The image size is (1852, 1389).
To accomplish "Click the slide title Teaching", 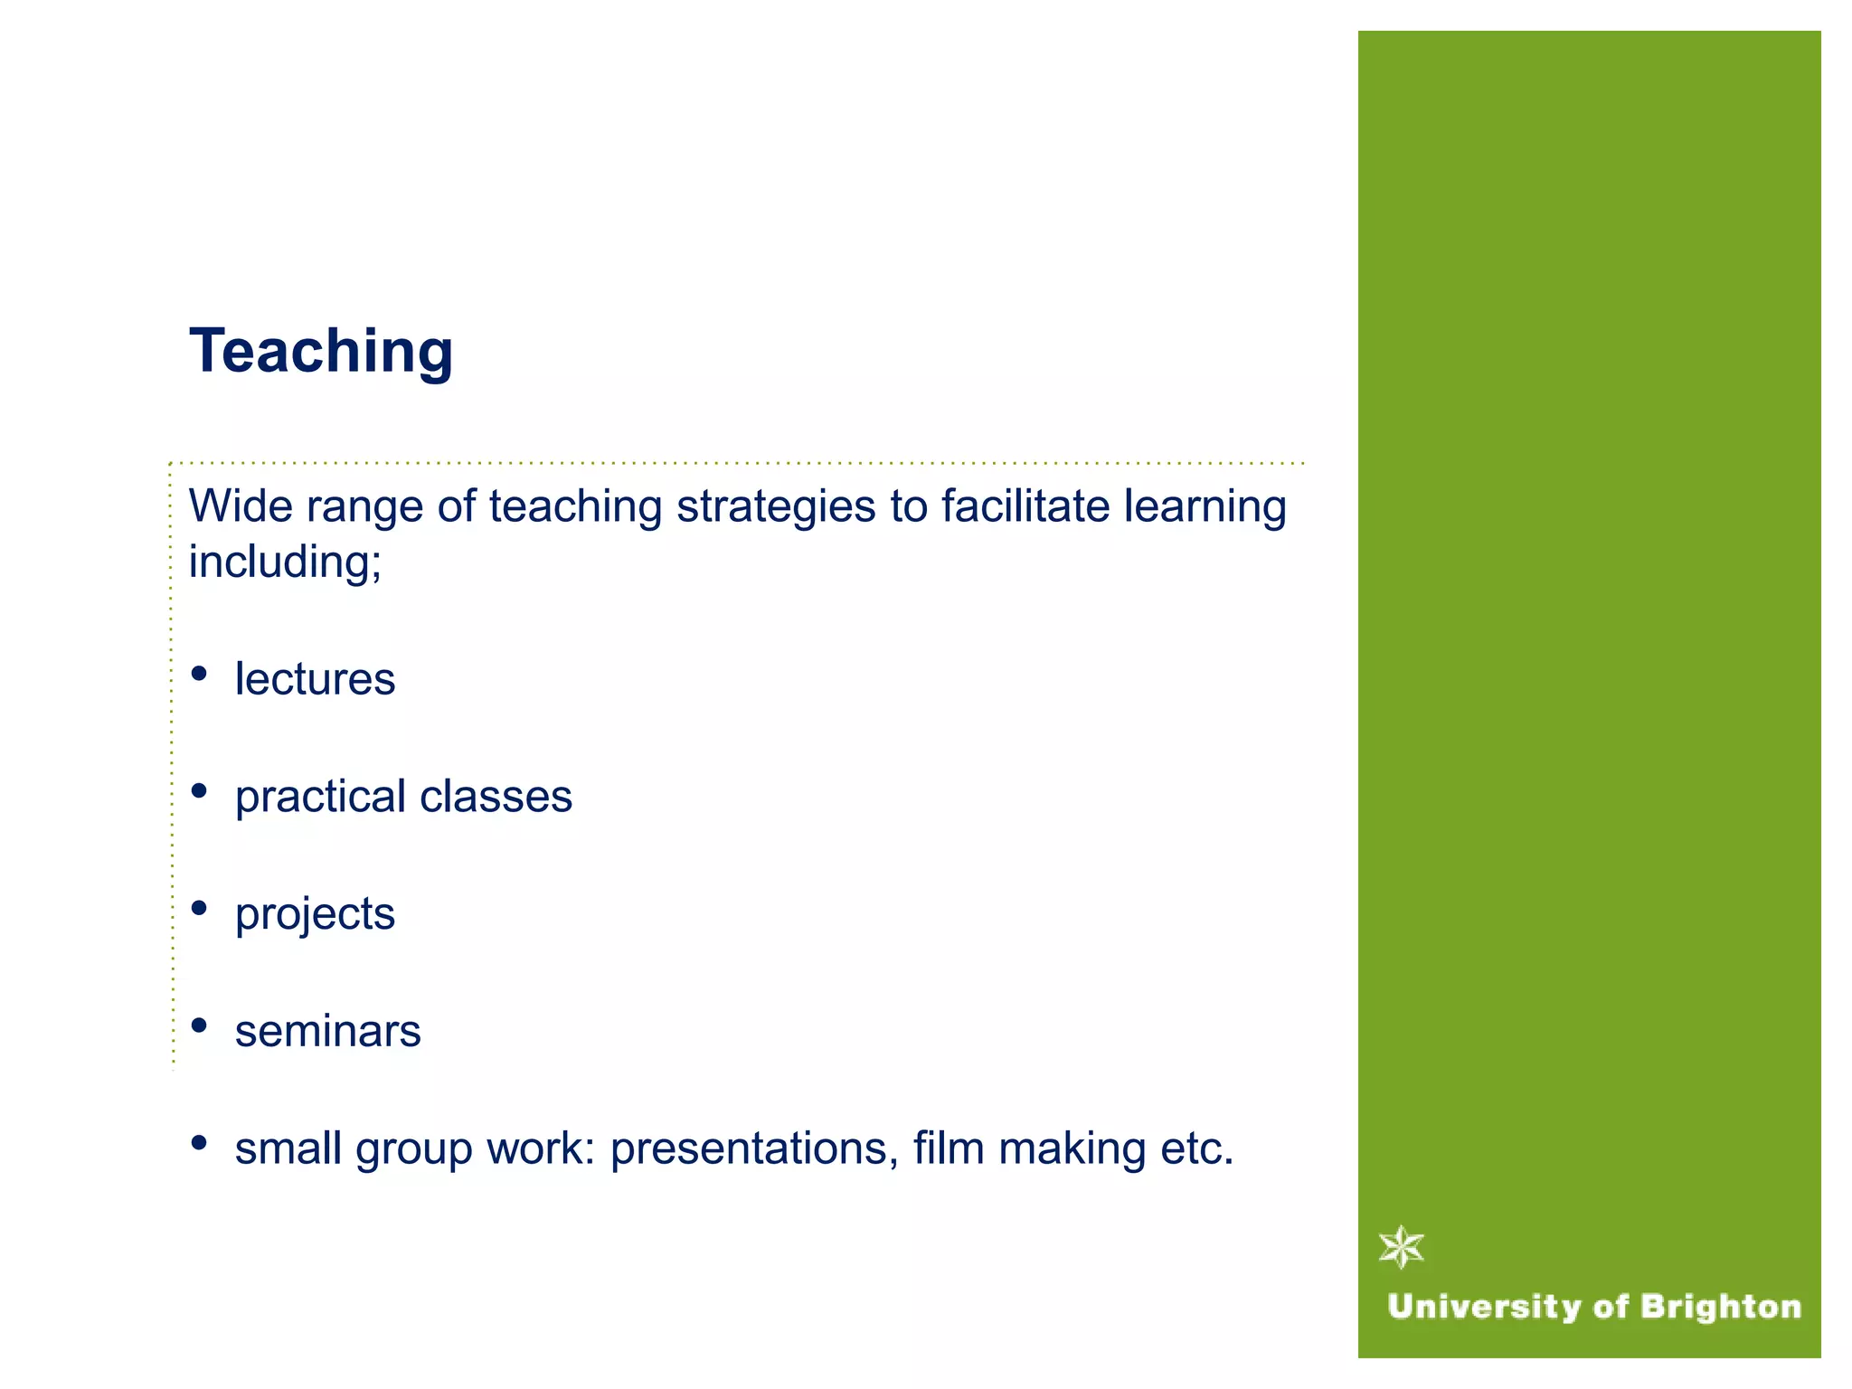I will click(x=321, y=351).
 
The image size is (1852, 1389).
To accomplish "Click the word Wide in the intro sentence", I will click(x=240, y=506).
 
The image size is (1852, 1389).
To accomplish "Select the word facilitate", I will click(x=1025, y=506).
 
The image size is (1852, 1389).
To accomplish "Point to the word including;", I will click(x=285, y=562).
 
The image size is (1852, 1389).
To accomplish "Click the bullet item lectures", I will click(x=315, y=679).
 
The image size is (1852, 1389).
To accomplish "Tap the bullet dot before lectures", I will click(x=199, y=674).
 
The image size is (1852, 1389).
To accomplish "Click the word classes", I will click(x=496, y=797).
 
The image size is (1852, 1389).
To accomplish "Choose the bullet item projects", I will click(x=315, y=914).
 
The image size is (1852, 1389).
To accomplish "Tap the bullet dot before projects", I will click(x=199, y=908).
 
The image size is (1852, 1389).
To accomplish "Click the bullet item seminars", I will click(x=327, y=1031).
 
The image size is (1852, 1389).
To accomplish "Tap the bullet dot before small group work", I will click(x=199, y=1143).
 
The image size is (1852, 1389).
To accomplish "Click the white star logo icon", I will click(x=1402, y=1248).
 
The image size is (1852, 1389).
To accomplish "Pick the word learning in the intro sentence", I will click(x=1205, y=507).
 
